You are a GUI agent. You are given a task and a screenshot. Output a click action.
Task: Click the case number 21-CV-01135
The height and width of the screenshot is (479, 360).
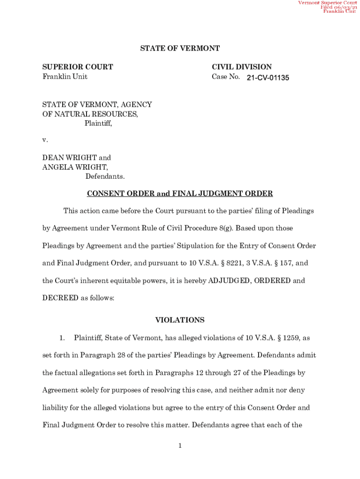268,78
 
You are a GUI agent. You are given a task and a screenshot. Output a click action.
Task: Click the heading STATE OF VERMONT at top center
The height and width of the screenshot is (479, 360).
180,49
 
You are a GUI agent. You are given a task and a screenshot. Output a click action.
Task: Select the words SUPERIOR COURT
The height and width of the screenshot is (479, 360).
78,67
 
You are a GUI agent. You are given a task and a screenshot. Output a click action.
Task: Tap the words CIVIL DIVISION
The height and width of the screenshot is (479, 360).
242,67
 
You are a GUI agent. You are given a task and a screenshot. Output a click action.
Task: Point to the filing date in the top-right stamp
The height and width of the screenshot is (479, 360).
338,7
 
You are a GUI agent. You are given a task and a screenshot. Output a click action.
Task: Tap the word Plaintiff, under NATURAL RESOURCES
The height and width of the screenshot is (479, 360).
98,123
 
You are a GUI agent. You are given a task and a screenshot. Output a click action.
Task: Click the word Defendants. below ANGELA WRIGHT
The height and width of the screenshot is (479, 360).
105,176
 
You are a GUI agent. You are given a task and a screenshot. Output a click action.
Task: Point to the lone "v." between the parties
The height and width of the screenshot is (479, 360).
45,140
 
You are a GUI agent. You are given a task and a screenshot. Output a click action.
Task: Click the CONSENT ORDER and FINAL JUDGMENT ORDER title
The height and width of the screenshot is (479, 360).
180,194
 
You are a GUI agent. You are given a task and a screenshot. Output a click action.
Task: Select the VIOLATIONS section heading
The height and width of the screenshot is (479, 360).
180,320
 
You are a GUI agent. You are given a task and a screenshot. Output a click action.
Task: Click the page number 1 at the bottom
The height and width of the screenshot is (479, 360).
180,446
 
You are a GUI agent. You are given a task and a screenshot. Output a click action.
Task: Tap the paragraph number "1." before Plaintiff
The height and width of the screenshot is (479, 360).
65,338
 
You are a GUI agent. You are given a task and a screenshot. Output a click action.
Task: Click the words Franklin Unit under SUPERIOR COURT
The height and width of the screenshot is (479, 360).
65,77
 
